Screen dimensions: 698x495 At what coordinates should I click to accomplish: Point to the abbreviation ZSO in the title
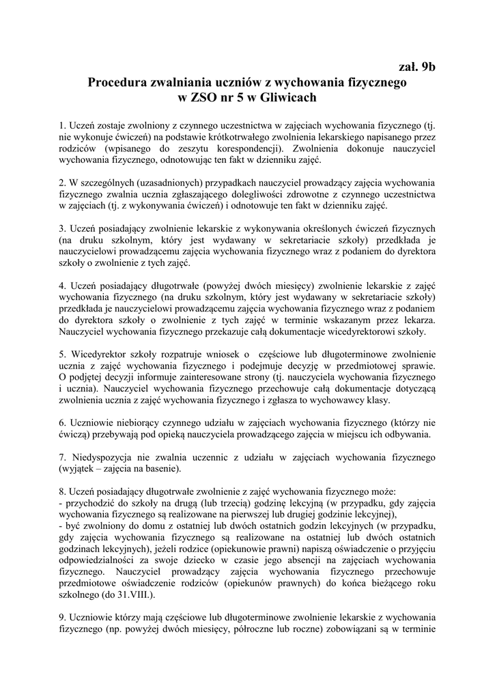tap(204, 97)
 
